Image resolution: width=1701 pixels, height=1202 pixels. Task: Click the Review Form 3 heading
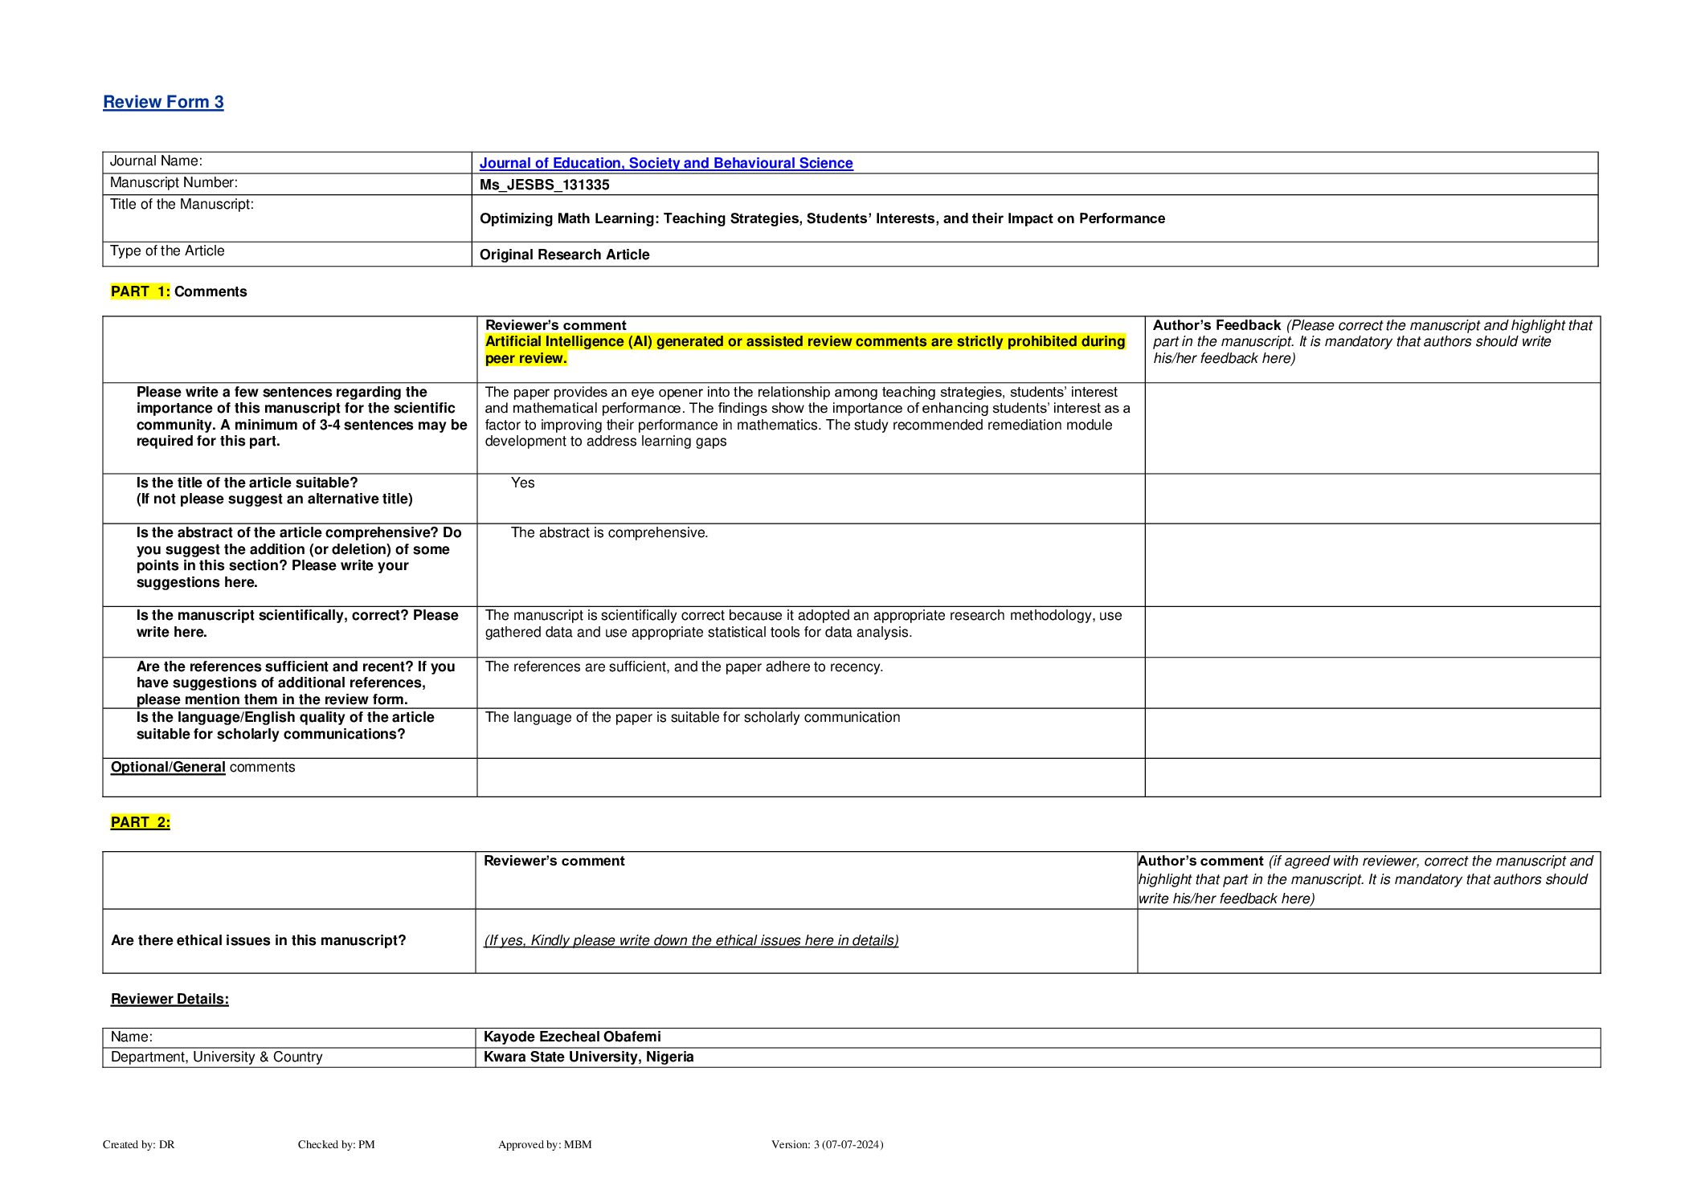[163, 102]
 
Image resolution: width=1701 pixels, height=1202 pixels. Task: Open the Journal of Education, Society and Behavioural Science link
[665, 163]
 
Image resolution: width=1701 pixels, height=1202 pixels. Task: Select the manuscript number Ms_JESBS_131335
[544, 185]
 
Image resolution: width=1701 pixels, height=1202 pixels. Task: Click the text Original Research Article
[564, 255]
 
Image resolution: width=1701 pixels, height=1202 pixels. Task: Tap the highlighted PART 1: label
[140, 291]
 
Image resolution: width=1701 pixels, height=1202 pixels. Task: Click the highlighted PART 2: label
[140, 822]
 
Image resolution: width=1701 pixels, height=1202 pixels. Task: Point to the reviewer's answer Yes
[522, 483]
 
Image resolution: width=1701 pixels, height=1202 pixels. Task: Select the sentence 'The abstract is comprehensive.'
[609, 532]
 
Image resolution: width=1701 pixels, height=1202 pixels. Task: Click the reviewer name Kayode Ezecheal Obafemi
[572, 1037]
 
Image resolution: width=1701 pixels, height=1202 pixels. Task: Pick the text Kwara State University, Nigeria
[588, 1057]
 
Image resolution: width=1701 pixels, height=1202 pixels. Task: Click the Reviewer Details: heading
[170, 999]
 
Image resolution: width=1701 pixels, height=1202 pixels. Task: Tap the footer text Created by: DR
[138, 1144]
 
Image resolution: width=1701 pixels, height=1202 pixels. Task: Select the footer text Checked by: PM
[336, 1144]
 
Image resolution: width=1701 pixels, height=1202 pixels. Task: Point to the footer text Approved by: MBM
[545, 1144]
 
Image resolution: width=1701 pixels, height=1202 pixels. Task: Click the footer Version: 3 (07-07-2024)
[827, 1144]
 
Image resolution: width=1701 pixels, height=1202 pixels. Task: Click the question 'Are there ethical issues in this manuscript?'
[258, 940]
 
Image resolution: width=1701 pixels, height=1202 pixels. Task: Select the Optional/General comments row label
[202, 767]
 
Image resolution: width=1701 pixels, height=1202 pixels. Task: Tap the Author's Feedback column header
[1216, 325]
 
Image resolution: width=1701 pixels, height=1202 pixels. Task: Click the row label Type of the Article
[167, 251]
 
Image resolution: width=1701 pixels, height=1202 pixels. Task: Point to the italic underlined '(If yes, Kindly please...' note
[691, 940]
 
